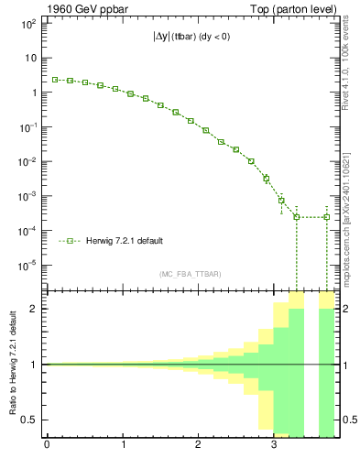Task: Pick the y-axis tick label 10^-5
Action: point(27,266)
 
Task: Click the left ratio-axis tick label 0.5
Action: point(30,420)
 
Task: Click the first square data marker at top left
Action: point(55,80)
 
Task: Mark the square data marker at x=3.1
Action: point(281,200)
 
